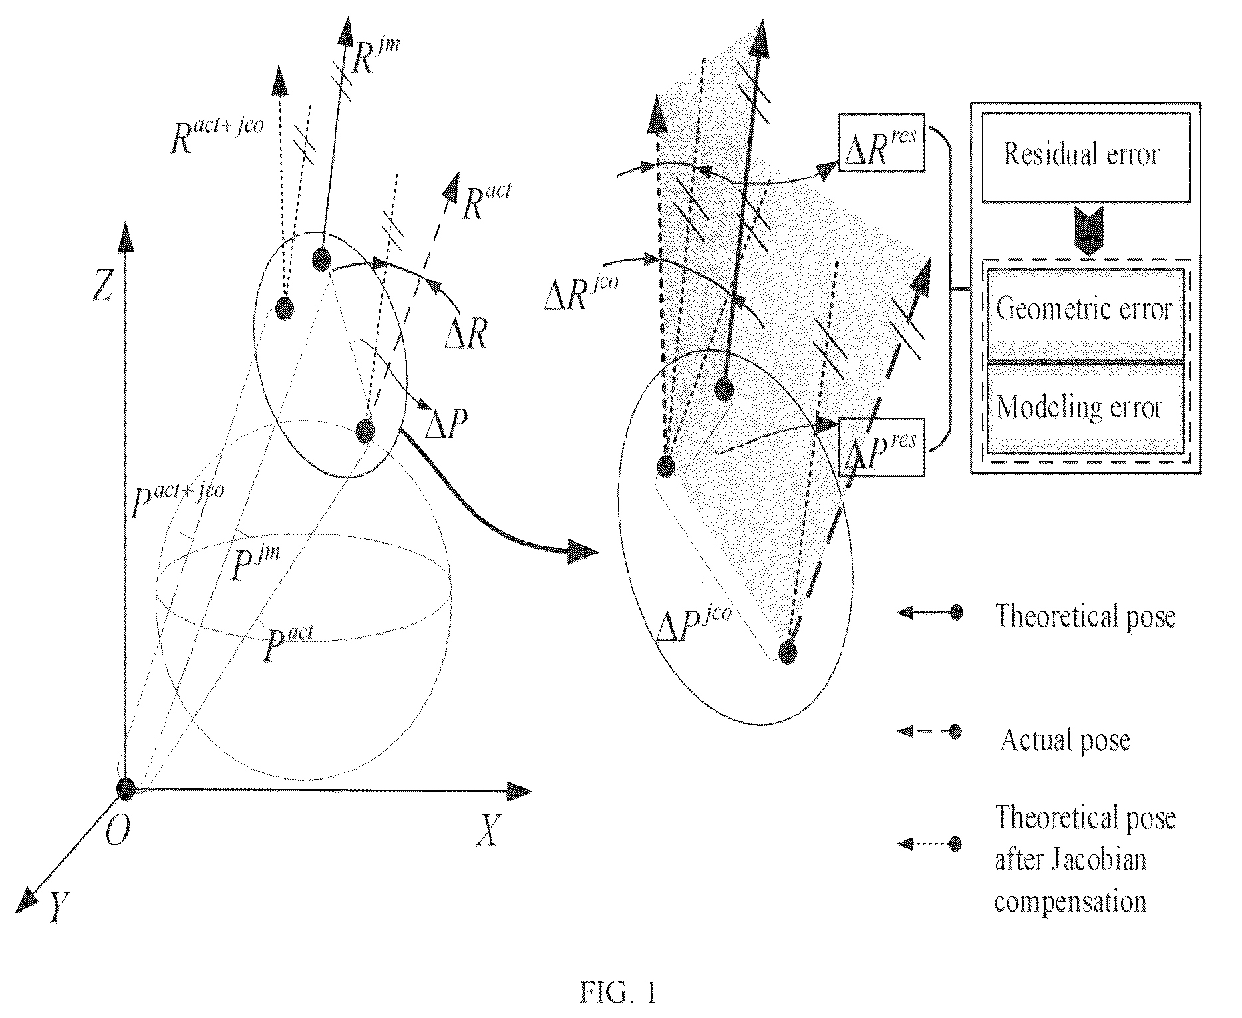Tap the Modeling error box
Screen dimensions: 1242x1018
(1085, 407)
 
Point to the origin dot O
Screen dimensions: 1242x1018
(125, 788)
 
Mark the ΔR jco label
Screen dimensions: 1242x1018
(581, 294)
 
